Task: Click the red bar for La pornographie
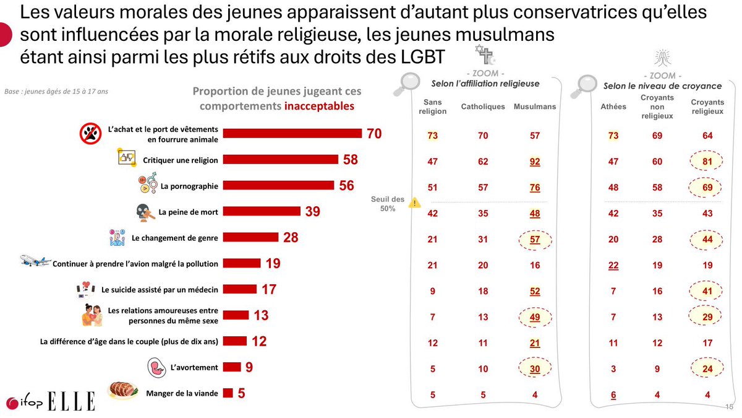pos(278,185)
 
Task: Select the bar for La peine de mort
pos(262,212)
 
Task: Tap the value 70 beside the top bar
pos(374,134)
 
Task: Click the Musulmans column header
pos(535,107)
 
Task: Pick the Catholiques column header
pos(483,107)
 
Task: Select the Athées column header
pos(613,107)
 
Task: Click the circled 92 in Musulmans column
pos(535,162)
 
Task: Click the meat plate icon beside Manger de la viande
pos(122,391)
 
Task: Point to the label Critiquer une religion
pos(181,160)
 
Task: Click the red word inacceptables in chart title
pos(319,106)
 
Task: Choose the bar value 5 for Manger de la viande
pos(242,393)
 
